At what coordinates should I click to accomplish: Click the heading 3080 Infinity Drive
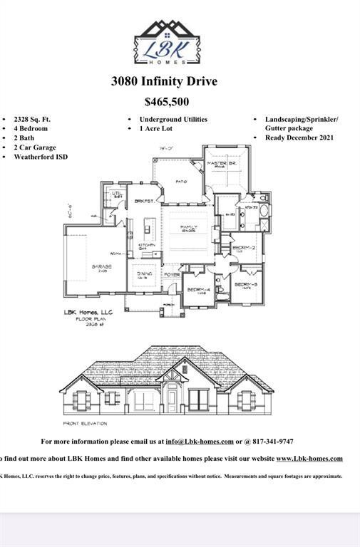(164, 81)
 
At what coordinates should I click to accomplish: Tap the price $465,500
(166, 102)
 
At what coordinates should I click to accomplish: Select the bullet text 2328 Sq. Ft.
(32, 120)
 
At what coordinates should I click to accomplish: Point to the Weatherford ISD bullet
(41, 157)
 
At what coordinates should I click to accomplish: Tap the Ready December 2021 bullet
(299, 137)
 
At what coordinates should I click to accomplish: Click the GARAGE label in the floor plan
(101, 266)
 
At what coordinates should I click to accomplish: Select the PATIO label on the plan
(181, 181)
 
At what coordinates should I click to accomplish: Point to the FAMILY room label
(189, 226)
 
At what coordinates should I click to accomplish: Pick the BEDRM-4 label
(197, 289)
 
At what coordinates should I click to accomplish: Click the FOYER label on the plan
(172, 274)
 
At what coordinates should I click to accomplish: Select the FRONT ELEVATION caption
(85, 423)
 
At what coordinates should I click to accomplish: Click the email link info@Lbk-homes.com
(200, 442)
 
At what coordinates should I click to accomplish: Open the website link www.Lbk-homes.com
(309, 459)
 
